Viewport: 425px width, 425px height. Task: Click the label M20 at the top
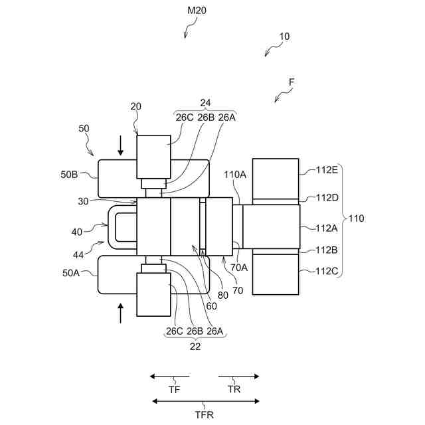tap(197, 10)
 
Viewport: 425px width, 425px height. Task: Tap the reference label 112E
tap(327, 169)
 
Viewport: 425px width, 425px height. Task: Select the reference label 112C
tap(327, 271)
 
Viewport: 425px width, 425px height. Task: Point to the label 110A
tap(235, 175)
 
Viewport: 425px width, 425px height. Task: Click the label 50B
tap(70, 175)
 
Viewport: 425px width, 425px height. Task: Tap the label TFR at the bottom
tap(205, 414)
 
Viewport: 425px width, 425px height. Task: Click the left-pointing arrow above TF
tap(170, 377)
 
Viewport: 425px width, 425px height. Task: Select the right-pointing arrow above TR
tap(238, 377)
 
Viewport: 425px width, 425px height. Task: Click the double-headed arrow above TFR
tap(205, 400)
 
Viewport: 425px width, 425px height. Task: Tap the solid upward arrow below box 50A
tap(121, 312)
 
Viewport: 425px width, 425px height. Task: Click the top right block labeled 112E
tap(275, 178)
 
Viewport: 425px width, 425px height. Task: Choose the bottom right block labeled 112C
tap(275, 274)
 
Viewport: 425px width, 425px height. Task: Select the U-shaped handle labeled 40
tap(120, 226)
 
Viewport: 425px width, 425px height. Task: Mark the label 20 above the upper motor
tap(136, 107)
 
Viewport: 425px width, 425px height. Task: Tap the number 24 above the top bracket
tap(205, 103)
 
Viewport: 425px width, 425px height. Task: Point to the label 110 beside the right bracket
tap(356, 218)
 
